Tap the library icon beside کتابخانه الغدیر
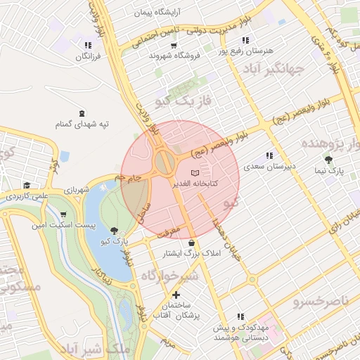pyautogui.click(x=195, y=172)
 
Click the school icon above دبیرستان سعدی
pyautogui.click(x=269, y=156)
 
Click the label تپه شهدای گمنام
pyautogui.click(x=83, y=124)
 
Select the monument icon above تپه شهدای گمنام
pyautogui.click(x=83, y=113)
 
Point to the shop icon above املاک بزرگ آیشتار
pyautogui.click(x=191, y=243)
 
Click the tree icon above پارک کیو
pyautogui.click(x=114, y=231)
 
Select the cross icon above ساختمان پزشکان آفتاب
pyautogui.click(x=175, y=295)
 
